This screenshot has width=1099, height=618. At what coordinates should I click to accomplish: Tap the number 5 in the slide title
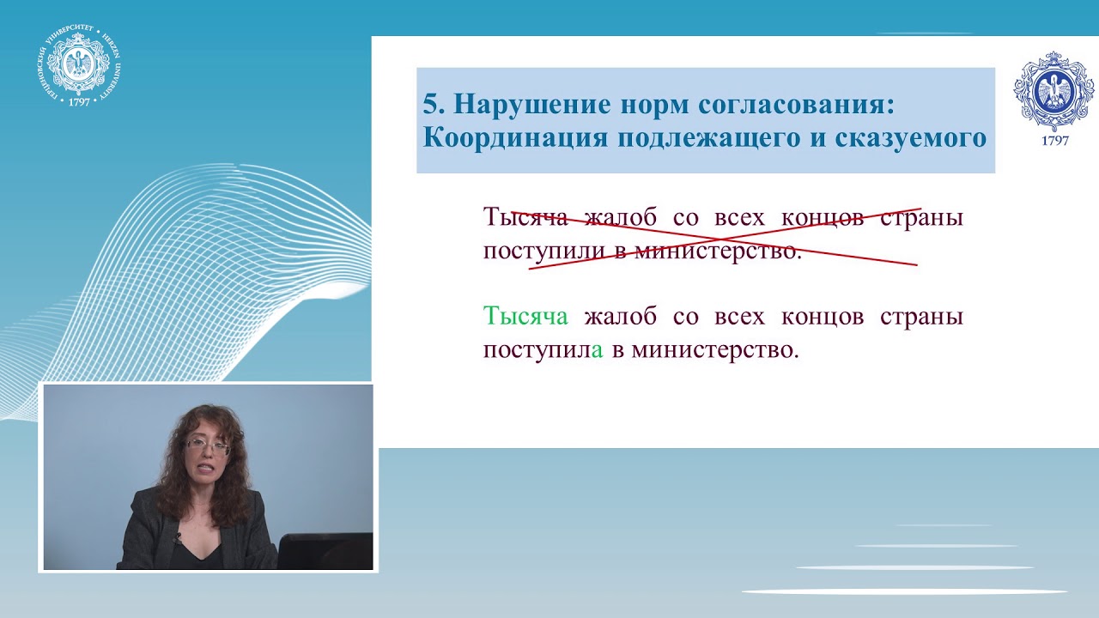pyautogui.click(x=430, y=105)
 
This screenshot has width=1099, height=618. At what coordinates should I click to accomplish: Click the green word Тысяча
pyautogui.click(x=525, y=317)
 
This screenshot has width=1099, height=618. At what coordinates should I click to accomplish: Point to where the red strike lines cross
pyautogui.click(x=720, y=236)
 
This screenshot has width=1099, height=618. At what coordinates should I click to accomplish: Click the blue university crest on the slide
pyautogui.click(x=1054, y=91)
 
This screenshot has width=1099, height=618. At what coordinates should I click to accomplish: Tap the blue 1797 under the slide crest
pyautogui.click(x=1054, y=141)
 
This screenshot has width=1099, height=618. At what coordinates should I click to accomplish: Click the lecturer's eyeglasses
pyautogui.click(x=208, y=446)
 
